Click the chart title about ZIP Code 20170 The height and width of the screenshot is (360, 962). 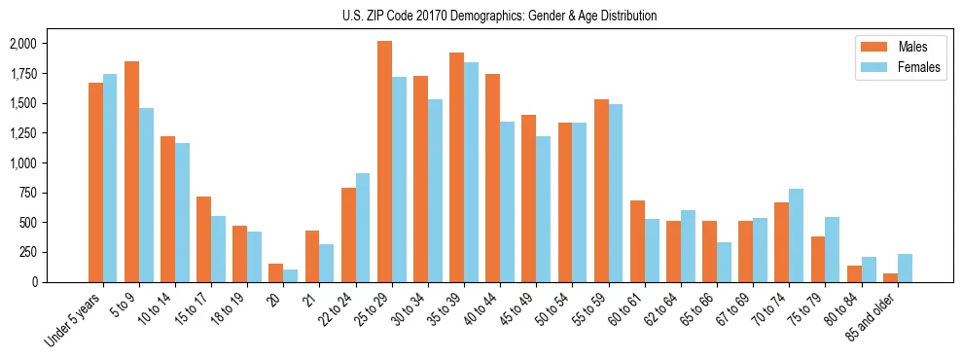(499, 16)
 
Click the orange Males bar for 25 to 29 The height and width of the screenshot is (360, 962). (385, 162)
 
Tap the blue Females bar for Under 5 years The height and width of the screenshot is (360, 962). (110, 178)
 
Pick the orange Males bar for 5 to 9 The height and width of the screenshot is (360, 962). (132, 171)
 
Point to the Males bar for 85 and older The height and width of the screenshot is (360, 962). (891, 277)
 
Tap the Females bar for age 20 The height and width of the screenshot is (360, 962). (291, 275)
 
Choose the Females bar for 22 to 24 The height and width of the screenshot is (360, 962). (363, 228)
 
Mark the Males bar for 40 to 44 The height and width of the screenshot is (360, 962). (493, 178)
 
